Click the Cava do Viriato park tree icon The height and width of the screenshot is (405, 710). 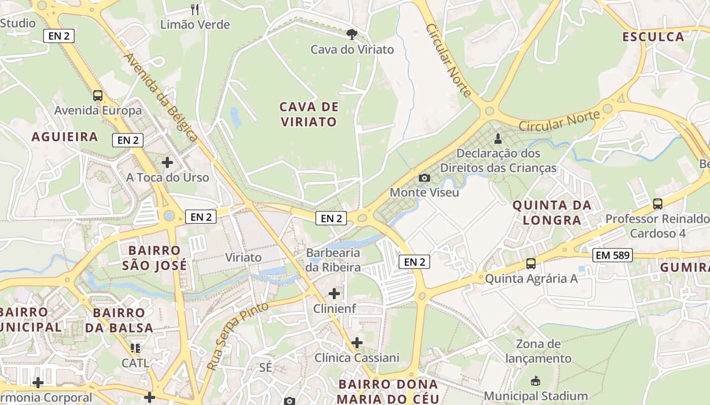coord(351,34)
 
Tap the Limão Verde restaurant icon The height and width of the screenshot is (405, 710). coord(195,9)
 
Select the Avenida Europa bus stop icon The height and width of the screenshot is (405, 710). coord(98,95)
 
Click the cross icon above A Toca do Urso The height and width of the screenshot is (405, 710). coord(167,163)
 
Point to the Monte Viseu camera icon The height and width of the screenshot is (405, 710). coord(424,178)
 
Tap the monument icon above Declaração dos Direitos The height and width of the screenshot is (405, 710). coord(498,138)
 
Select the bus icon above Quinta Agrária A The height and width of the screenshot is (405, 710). coord(531,264)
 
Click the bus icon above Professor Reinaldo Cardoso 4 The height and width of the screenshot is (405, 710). coord(658,204)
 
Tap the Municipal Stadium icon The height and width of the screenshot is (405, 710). coord(536,381)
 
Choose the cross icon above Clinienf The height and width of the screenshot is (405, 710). coord(334,293)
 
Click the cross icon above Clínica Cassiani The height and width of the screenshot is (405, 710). coord(357,343)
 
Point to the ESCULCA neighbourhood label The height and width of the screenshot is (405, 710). coord(653,37)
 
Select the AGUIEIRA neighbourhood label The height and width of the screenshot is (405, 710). coord(65,137)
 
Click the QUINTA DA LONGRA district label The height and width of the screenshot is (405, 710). coord(552,213)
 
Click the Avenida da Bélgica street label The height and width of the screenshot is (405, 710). coord(161,97)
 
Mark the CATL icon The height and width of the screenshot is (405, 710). coord(135,348)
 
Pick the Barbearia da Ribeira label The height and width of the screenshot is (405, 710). coord(333,260)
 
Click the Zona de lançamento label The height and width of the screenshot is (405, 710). coord(538,351)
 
